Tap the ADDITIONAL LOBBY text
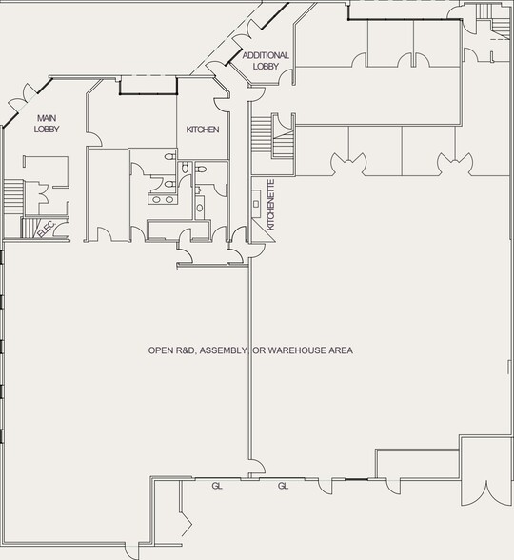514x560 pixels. pyautogui.click(x=266, y=61)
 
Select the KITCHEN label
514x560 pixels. pyautogui.click(x=203, y=130)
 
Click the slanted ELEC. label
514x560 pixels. pyautogui.click(x=45, y=229)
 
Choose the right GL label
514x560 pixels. pyautogui.click(x=283, y=486)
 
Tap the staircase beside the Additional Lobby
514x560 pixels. pyautogui.click(x=262, y=139)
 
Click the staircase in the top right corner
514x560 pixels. pyautogui.click(x=486, y=11)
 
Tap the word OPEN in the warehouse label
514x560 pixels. pyautogui.click(x=160, y=350)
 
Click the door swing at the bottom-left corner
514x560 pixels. pyautogui.click(x=187, y=523)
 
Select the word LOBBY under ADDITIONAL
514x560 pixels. pyautogui.click(x=266, y=67)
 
